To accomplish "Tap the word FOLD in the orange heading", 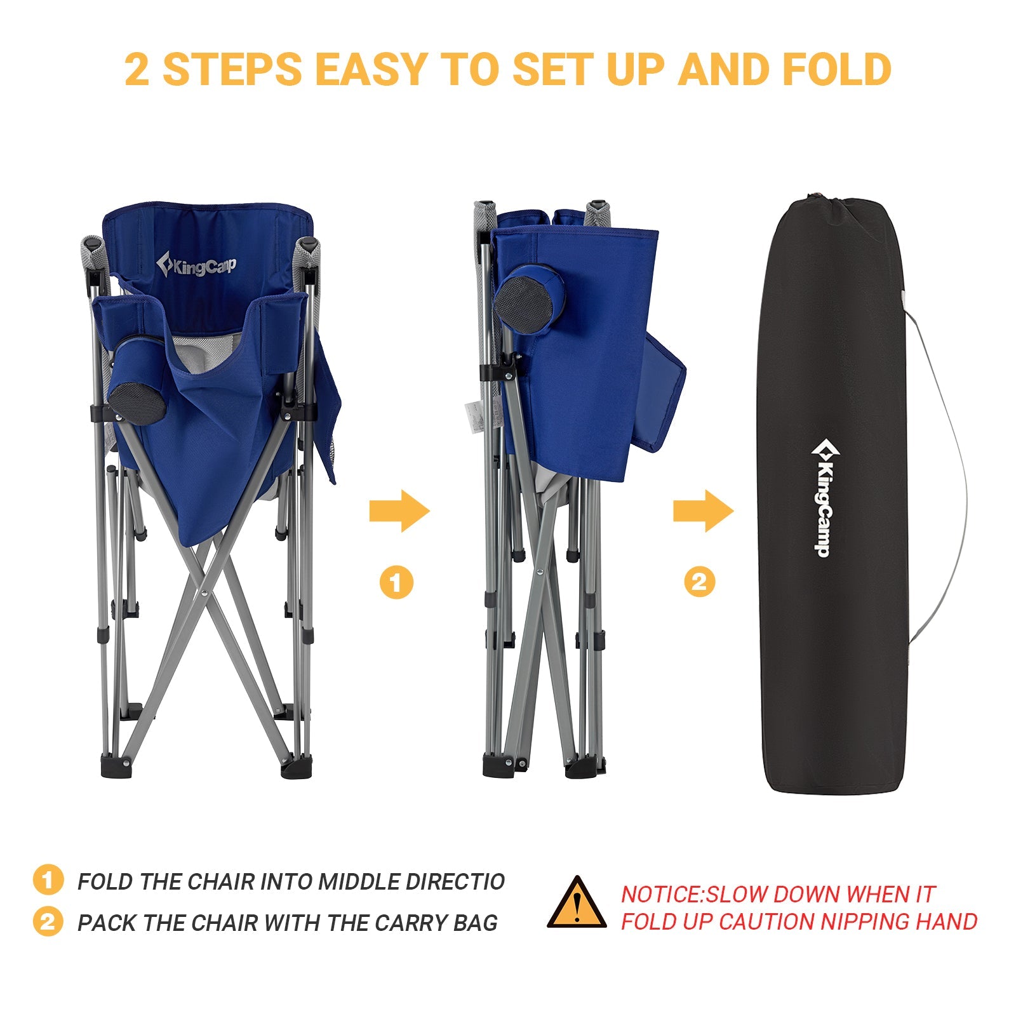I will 836,69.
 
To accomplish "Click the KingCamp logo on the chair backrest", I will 197,265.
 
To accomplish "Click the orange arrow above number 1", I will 399,511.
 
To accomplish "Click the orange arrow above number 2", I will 703,511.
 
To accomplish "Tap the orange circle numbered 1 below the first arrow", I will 396,582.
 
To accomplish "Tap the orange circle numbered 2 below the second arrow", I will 699,582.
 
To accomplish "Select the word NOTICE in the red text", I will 660,894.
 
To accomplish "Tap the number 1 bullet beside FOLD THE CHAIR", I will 48,881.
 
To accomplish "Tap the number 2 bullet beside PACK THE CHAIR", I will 48,922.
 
